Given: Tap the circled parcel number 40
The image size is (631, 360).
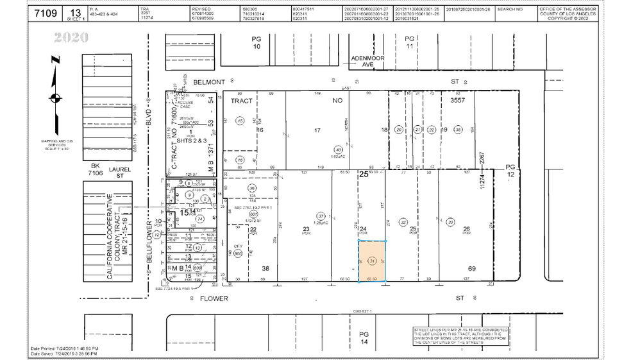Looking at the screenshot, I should click(x=339, y=150).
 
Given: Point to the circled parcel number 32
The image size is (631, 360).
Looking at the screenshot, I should click(x=403, y=222).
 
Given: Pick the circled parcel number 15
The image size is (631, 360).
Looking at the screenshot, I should click(x=240, y=121).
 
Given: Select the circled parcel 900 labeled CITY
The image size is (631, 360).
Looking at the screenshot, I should click(x=239, y=253).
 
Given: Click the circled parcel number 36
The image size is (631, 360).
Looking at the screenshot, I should click(x=252, y=188).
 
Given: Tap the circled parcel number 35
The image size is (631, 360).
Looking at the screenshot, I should click(x=457, y=130).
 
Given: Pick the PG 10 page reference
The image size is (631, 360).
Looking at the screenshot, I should click(x=257, y=43).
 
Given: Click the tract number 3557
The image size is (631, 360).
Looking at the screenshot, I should click(x=457, y=100).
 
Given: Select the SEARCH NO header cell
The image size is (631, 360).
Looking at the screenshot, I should click(x=510, y=10).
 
